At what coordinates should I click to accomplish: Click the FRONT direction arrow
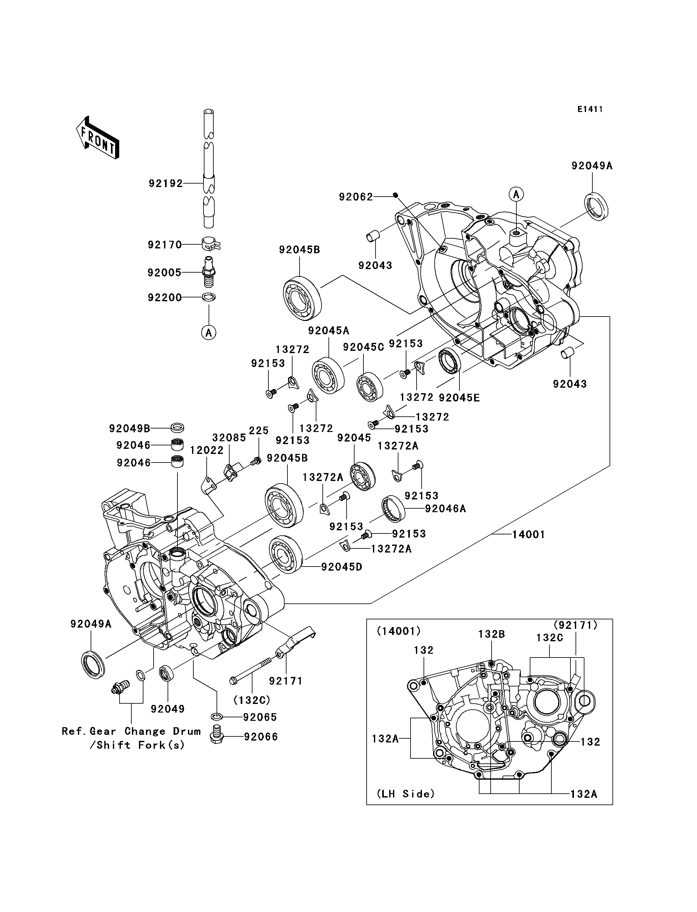click(98, 137)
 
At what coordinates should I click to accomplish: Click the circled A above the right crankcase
click(516, 194)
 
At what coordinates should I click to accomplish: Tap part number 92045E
click(459, 398)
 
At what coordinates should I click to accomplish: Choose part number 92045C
click(363, 347)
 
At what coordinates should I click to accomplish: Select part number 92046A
click(445, 509)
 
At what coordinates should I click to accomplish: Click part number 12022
click(207, 450)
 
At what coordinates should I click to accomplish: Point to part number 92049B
click(129, 428)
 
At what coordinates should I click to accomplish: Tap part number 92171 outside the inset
click(286, 681)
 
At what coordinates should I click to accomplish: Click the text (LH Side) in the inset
click(406, 794)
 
